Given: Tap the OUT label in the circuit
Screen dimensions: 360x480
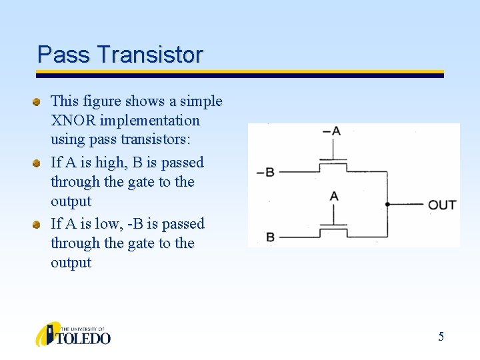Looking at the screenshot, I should click(x=442, y=204).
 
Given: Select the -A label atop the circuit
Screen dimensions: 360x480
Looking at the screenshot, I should click(x=331, y=131).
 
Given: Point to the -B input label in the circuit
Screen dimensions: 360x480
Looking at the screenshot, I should click(x=265, y=172).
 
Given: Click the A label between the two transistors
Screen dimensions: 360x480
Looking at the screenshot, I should click(x=334, y=195).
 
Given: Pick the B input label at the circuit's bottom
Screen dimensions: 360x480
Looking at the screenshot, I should click(x=270, y=237).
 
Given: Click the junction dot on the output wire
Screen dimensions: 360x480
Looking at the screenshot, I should click(x=387, y=204).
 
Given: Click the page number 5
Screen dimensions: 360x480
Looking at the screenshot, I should click(x=441, y=337).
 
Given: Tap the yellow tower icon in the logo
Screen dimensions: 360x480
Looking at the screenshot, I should click(x=47, y=334).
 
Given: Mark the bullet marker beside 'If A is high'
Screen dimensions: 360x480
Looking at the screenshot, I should click(x=39, y=163).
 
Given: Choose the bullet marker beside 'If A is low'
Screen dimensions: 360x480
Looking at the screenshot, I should click(x=39, y=224).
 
